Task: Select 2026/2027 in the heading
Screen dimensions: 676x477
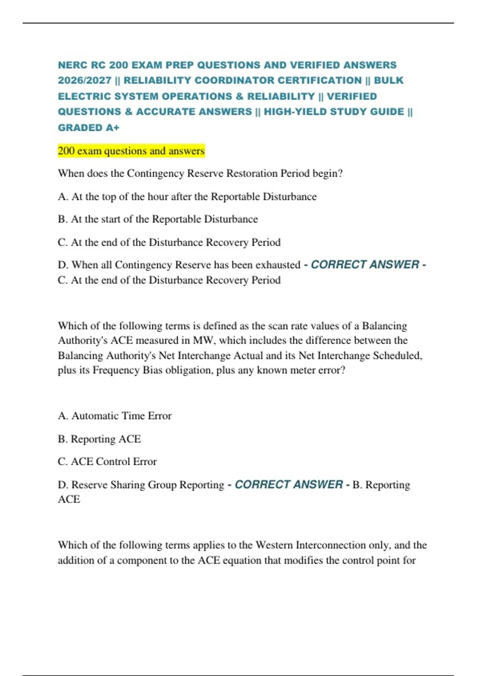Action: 84,80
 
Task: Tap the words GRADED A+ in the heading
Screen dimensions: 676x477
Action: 88,128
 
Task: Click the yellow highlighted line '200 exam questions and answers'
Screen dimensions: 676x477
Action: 131,151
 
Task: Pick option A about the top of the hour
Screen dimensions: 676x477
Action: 187,196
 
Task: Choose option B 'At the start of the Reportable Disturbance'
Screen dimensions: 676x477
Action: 158,219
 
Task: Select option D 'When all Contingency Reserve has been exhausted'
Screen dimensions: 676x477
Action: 179,265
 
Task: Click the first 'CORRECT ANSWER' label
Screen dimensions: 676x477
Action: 365,265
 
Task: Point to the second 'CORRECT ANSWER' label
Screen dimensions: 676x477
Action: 289,485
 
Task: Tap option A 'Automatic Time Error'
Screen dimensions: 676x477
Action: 114,416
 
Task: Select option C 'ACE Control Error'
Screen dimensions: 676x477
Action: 107,462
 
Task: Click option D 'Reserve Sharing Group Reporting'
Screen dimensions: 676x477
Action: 141,485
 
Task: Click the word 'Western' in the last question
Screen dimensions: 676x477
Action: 274,545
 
